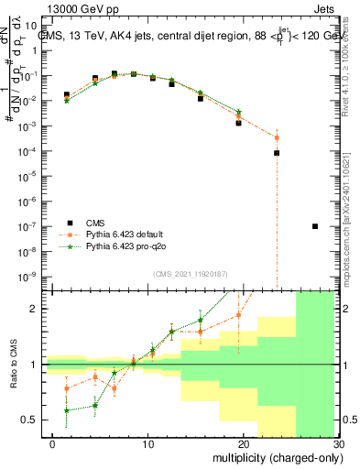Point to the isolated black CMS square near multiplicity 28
tap(315, 226)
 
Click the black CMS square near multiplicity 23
tap(277, 153)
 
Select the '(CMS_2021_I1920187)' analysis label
tap(190, 273)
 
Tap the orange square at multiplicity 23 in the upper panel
tap(277, 137)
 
